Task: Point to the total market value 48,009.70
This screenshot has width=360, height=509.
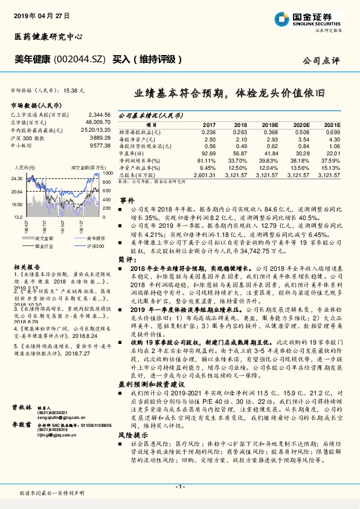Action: click(97, 122)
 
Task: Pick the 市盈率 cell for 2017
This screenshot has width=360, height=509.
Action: click(208, 154)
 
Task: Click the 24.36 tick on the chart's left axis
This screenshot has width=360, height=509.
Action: click(18, 178)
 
